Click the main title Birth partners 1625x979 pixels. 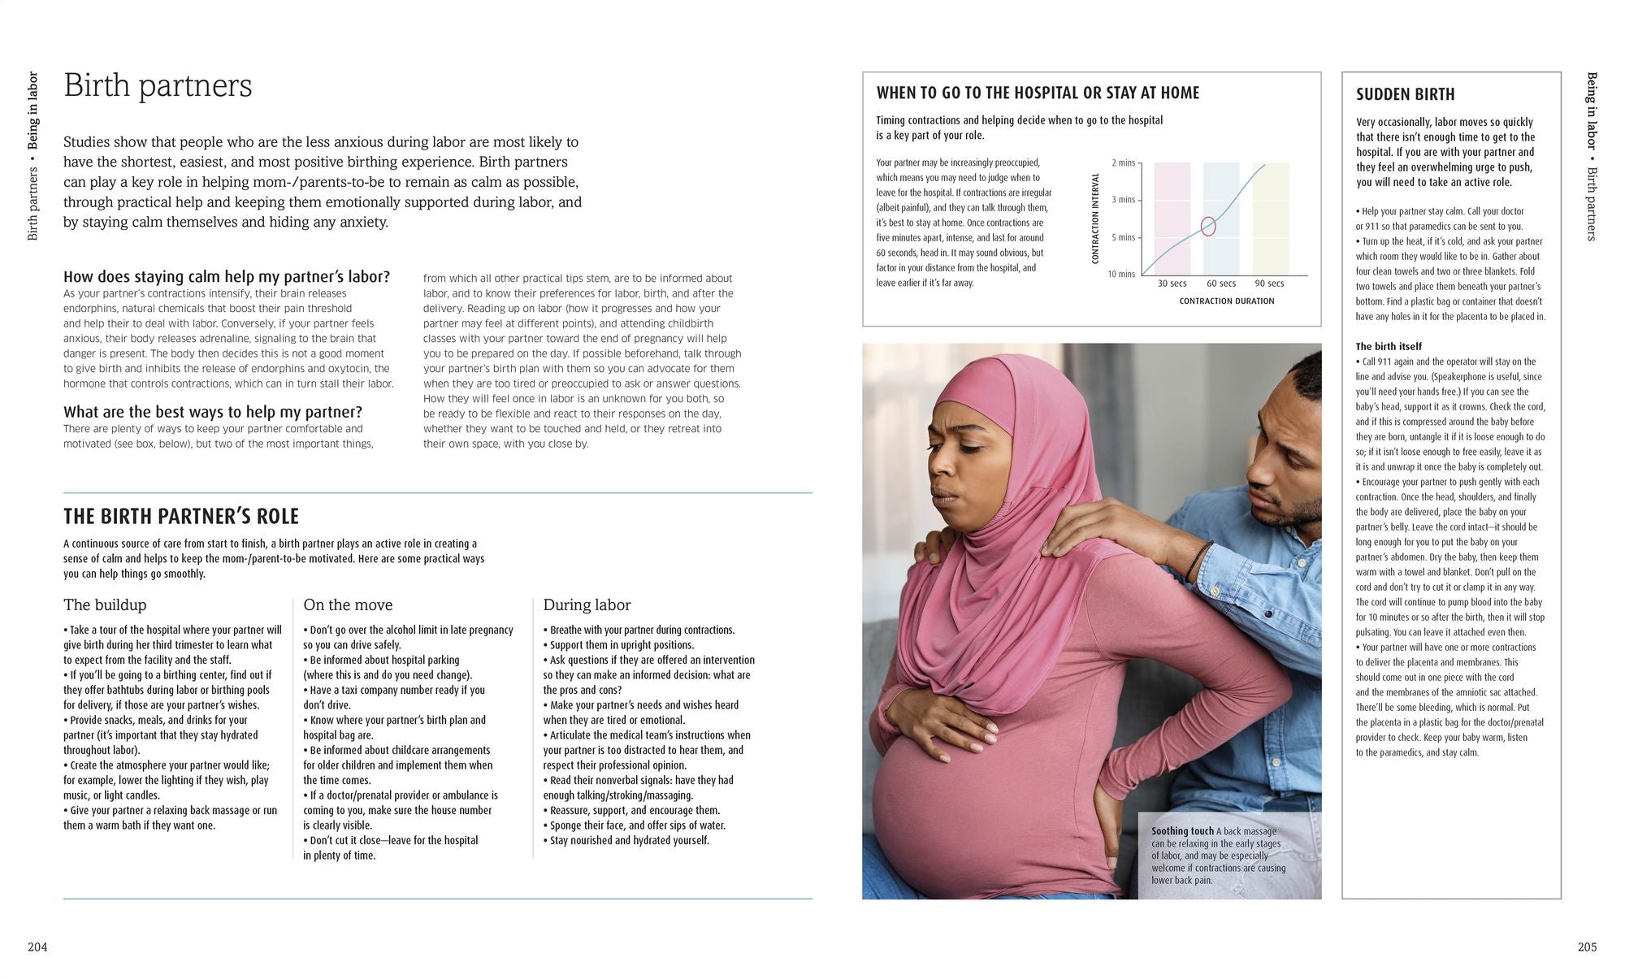[x=158, y=86]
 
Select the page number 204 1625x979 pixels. [x=37, y=947]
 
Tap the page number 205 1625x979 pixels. [x=1587, y=947]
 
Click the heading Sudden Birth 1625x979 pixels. [x=1405, y=94]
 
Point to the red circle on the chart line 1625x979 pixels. [x=1208, y=226]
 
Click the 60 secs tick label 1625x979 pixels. [x=1220, y=284]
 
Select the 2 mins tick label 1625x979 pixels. [x=1123, y=163]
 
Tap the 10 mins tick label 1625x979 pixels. [x=1121, y=274]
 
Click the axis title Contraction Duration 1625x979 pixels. [x=1226, y=301]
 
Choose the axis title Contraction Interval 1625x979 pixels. [x=1095, y=218]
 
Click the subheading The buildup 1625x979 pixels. [x=105, y=605]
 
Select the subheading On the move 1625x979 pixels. [x=348, y=605]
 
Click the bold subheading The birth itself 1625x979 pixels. [x=1389, y=346]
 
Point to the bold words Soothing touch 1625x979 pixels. [x=1181, y=831]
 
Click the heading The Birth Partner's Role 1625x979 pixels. [x=181, y=517]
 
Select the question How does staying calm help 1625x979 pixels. [x=226, y=277]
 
